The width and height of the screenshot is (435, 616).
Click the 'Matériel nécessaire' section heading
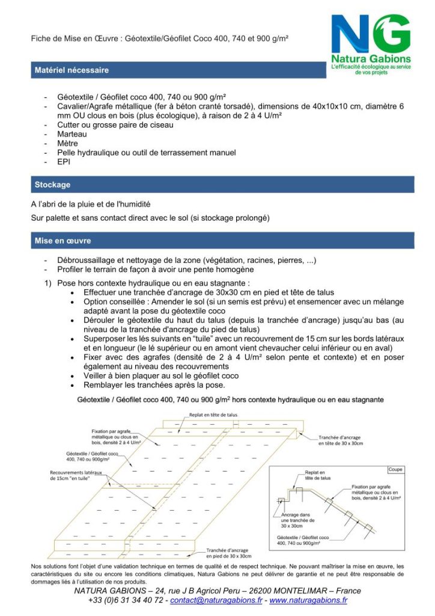coord(71,70)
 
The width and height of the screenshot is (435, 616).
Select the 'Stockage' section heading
coord(52,185)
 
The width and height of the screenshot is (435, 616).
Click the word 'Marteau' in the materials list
coord(72,134)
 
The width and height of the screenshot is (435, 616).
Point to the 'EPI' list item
coord(64,162)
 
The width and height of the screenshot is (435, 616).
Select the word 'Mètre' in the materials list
coord(68,144)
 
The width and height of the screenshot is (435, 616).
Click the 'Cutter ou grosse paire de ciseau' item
coord(115,125)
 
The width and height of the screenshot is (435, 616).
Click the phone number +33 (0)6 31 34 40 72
coord(125,600)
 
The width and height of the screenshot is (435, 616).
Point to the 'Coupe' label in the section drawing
coord(395,470)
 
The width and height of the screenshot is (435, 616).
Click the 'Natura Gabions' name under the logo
coord(371,59)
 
